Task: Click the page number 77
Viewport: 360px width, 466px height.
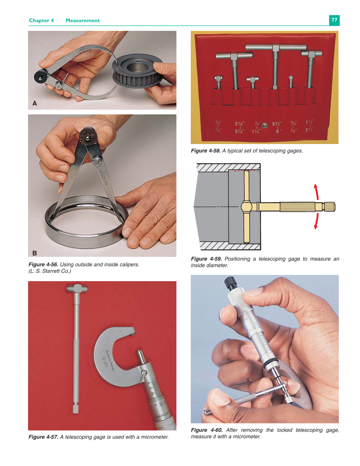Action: tap(334, 20)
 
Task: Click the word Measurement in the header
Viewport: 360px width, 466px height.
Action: tap(83, 21)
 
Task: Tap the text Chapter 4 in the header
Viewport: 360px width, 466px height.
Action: tap(41, 21)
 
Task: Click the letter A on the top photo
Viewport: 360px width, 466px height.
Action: tap(35, 103)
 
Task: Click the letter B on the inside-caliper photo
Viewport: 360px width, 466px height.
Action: tap(35, 253)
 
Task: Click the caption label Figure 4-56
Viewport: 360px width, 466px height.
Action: tap(43, 265)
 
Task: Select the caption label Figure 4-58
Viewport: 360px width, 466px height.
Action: tap(206, 151)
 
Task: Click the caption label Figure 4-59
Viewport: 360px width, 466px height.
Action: tap(206, 259)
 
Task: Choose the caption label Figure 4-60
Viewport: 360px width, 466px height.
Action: tap(206, 430)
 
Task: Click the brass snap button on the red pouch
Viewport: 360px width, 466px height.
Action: tap(265, 125)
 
